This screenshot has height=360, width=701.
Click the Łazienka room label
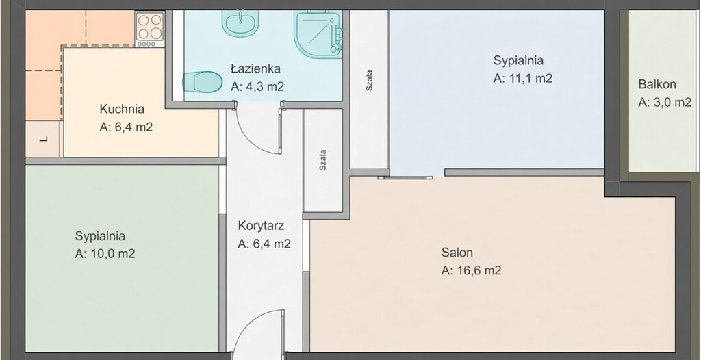[256, 69]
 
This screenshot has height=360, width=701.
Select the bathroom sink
[240, 21]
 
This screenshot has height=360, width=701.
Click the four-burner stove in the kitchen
[150, 29]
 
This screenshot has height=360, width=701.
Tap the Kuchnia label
[122, 109]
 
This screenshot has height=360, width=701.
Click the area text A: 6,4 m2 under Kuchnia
[126, 127]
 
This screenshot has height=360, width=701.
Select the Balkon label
[657, 84]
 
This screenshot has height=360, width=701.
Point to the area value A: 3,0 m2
[665, 103]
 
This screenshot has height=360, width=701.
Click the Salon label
[457, 253]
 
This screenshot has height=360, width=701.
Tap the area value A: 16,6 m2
[471, 270]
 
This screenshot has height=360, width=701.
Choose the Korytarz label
[261, 225]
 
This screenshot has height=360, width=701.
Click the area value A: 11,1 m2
[523, 78]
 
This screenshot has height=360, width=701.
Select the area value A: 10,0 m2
[105, 253]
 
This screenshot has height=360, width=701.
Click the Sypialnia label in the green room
[100, 235]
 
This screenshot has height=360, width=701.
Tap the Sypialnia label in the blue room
[519, 60]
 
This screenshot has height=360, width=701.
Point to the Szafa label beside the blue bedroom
[369, 81]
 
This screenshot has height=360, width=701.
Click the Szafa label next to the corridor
[322, 161]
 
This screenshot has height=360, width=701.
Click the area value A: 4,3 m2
[257, 87]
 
